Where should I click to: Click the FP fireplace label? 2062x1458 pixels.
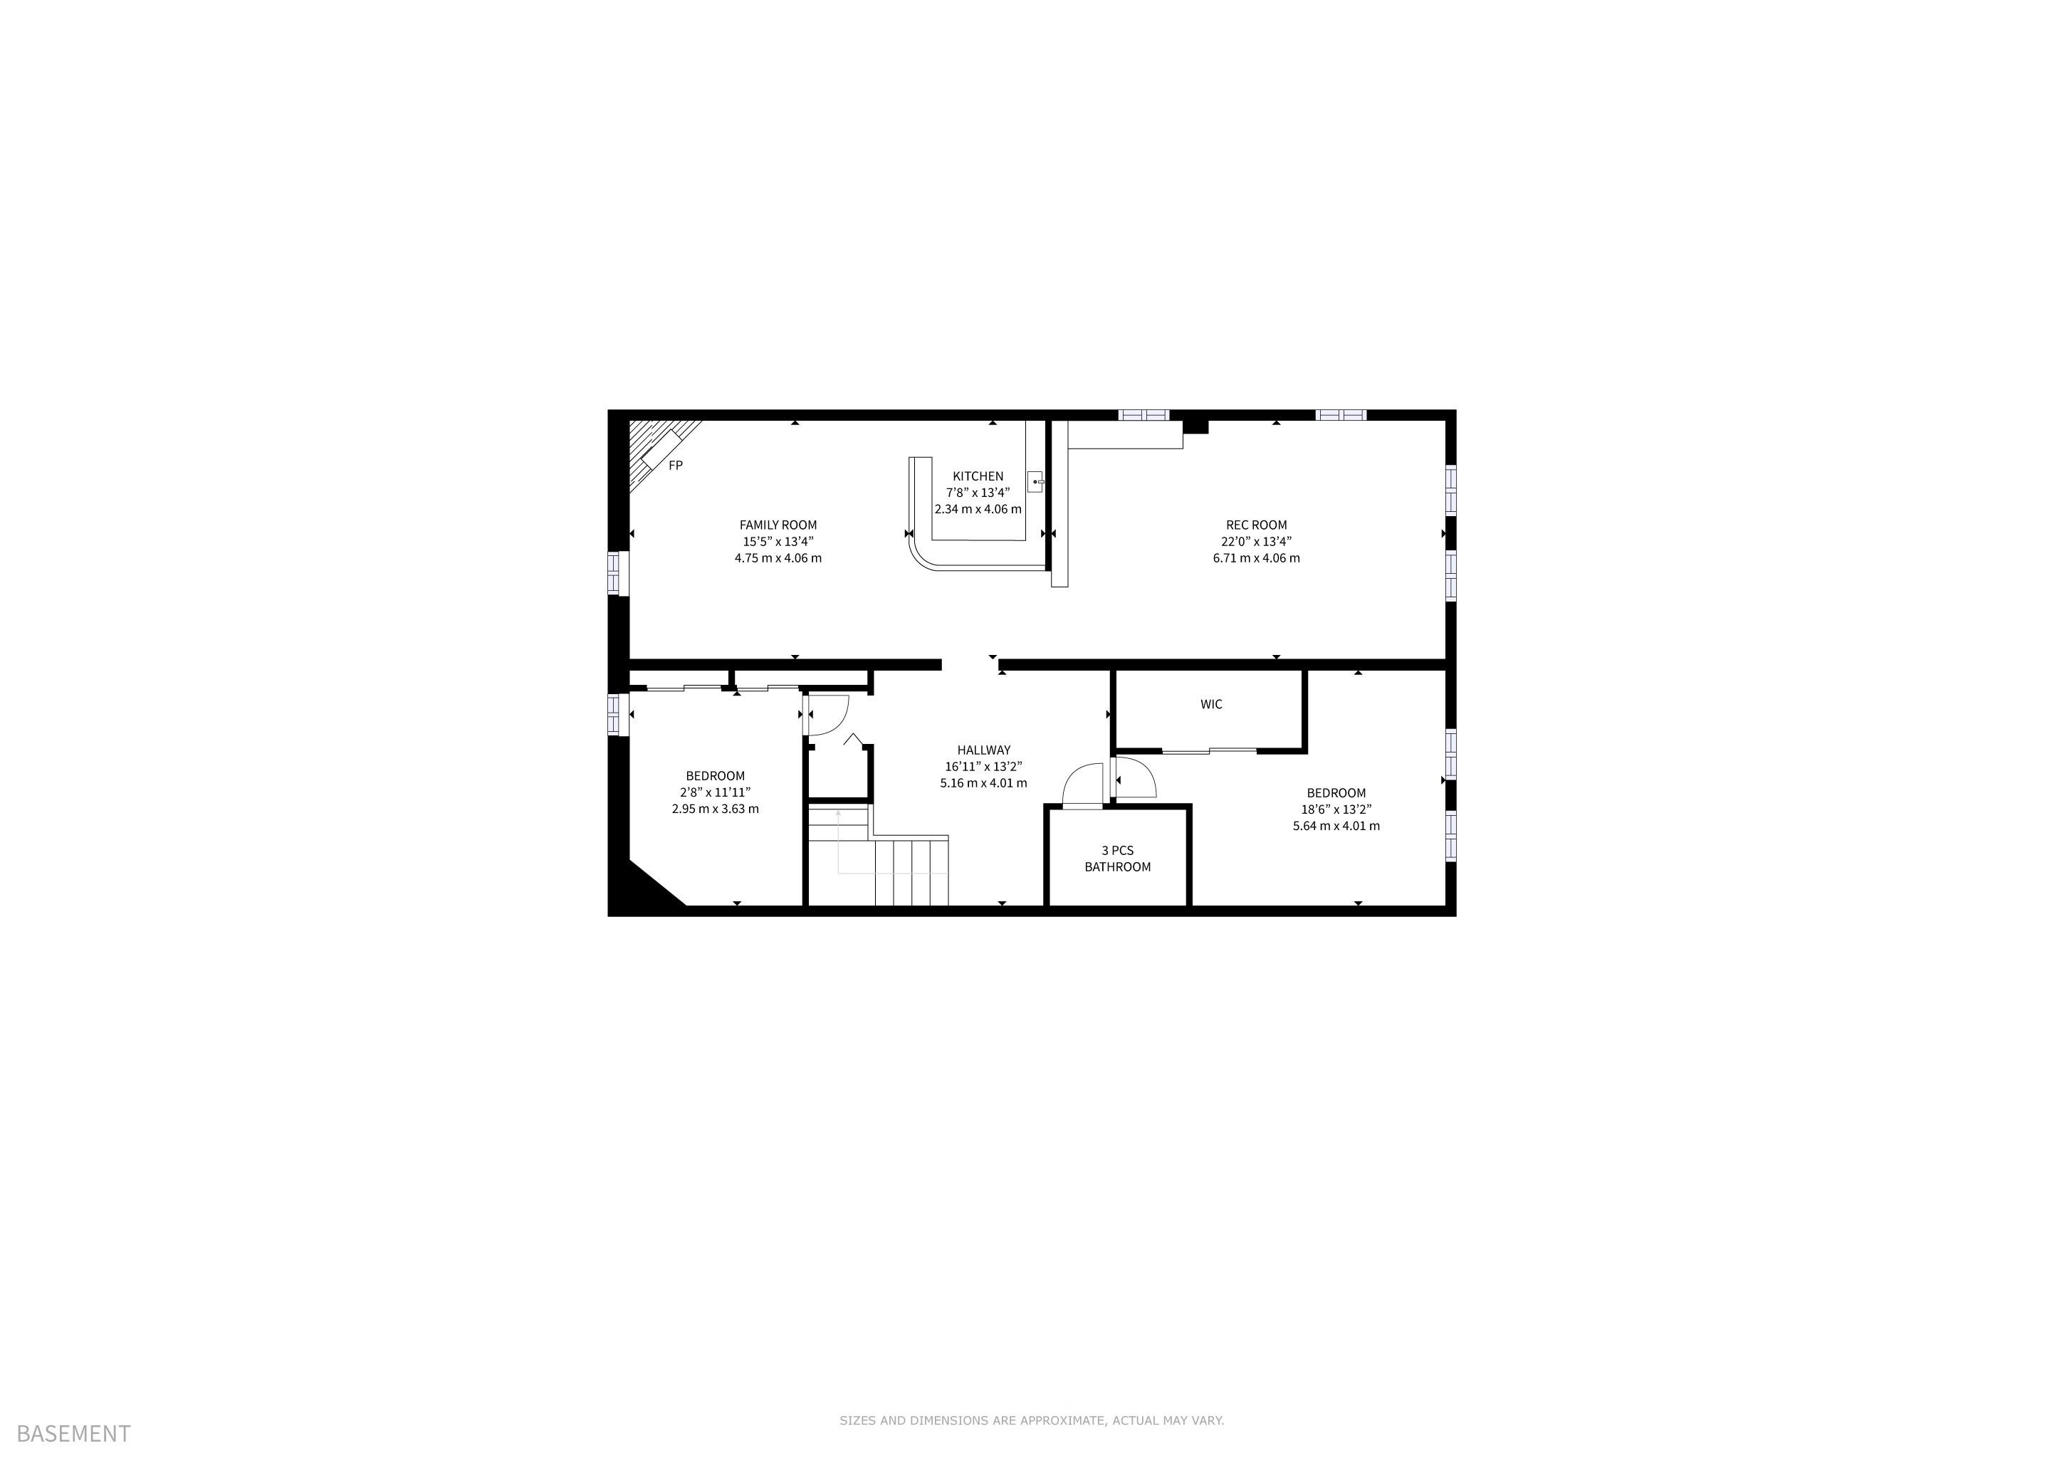(x=676, y=465)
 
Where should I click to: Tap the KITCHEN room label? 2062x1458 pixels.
(x=978, y=476)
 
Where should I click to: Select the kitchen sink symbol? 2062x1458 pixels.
(x=1035, y=481)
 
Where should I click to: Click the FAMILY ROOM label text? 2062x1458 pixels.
(x=778, y=525)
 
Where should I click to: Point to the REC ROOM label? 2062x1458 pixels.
(x=1257, y=525)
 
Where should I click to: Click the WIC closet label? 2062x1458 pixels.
(x=1212, y=704)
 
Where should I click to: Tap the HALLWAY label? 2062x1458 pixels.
(x=983, y=750)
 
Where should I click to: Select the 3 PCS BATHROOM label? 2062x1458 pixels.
(x=1117, y=859)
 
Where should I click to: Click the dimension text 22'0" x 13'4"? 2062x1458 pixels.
(x=1257, y=541)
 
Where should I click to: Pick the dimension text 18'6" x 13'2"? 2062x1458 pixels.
(x=1336, y=809)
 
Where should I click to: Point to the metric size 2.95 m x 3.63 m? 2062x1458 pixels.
(x=715, y=809)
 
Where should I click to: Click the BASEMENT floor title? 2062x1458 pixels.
(x=73, y=1434)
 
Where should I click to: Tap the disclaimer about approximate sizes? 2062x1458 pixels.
(x=1032, y=1420)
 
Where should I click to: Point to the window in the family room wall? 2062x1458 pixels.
(x=617, y=573)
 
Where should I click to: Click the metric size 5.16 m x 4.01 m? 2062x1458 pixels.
(x=983, y=783)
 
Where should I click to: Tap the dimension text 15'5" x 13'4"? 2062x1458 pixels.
(x=778, y=541)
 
